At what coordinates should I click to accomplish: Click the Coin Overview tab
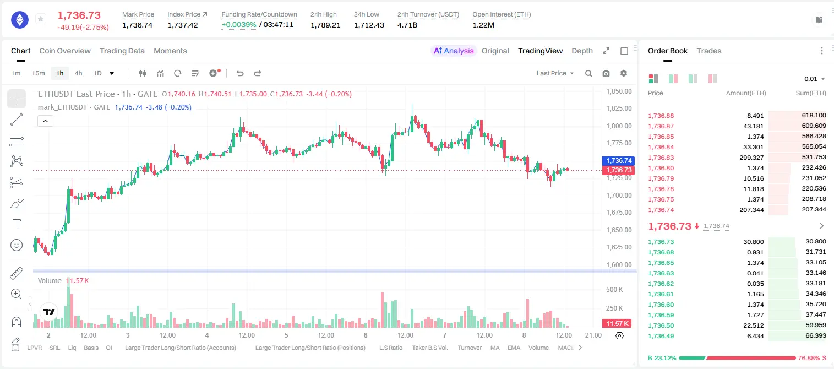click(65, 51)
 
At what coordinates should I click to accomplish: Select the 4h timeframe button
click(78, 73)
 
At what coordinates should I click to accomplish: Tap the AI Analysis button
click(454, 51)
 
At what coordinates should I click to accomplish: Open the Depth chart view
click(582, 51)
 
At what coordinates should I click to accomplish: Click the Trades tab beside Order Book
click(709, 51)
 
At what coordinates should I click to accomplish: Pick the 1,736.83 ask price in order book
click(661, 158)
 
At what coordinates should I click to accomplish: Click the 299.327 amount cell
click(751, 158)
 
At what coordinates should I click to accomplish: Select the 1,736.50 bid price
click(661, 325)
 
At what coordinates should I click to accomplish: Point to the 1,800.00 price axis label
click(619, 126)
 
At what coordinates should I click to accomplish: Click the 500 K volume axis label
click(614, 289)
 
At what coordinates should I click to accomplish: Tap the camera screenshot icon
click(606, 73)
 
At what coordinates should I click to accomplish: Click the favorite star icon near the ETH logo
click(41, 19)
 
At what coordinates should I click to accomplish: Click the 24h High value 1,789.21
click(325, 25)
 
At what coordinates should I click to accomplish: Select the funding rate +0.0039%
click(239, 25)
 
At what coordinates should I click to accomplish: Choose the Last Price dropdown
click(555, 73)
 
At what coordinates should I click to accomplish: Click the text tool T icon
click(17, 224)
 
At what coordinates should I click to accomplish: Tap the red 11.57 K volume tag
click(617, 324)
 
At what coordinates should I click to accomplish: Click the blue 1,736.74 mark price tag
click(618, 160)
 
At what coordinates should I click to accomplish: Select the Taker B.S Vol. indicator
click(429, 348)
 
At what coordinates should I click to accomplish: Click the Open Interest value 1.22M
click(483, 25)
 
